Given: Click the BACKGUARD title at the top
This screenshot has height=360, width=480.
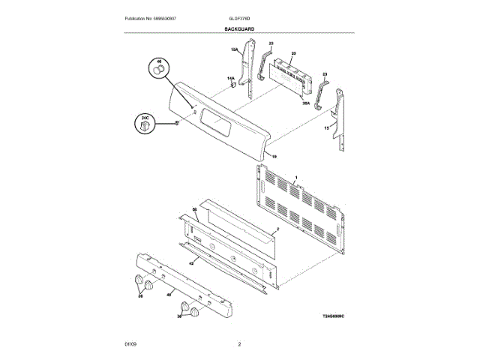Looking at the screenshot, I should click(239, 28).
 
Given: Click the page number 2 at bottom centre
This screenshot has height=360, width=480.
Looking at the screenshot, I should click(239, 344).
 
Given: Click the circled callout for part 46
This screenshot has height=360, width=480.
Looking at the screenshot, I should click(159, 67).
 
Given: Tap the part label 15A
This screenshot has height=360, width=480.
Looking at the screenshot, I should click(234, 49).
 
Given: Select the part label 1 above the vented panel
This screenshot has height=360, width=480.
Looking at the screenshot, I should click(297, 178).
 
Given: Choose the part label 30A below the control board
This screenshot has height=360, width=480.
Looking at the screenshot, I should click(306, 103).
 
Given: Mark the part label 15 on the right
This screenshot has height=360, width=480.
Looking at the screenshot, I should click(325, 129).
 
